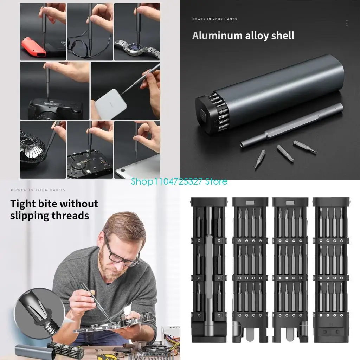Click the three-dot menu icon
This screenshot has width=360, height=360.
(x=347, y=23)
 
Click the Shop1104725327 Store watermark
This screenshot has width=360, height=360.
(x=179, y=182)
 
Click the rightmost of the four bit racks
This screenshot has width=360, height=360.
(x=330, y=269)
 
